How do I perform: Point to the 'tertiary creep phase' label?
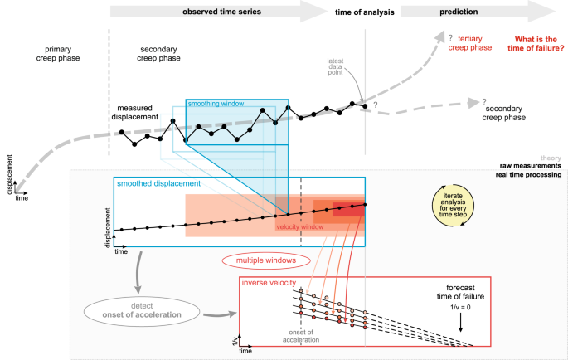pyautogui.click(x=469, y=43)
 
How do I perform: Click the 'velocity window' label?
pyautogui.click(x=301, y=226)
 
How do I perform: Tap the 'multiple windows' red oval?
pyautogui.click(x=260, y=260)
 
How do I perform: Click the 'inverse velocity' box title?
pyautogui.click(x=268, y=284)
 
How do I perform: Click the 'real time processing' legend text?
pyautogui.click(x=530, y=175)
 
